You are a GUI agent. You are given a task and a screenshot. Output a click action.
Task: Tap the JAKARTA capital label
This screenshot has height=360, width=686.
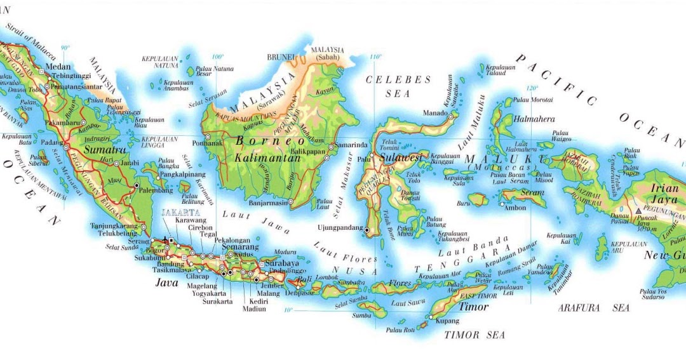(x=180, y=212)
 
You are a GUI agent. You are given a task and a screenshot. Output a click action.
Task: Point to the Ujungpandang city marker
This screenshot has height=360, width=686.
(x=367, y=229)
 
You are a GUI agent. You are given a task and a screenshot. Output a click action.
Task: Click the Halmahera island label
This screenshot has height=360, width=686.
(x=533, y=119)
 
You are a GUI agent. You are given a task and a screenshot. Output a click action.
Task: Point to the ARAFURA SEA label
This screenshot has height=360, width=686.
(x=594, y=308)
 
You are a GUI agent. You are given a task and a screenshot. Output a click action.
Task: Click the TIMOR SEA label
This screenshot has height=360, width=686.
(x=474, y=335)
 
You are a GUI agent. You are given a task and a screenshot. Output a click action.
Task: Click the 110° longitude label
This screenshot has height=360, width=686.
(x=375, y=57)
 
